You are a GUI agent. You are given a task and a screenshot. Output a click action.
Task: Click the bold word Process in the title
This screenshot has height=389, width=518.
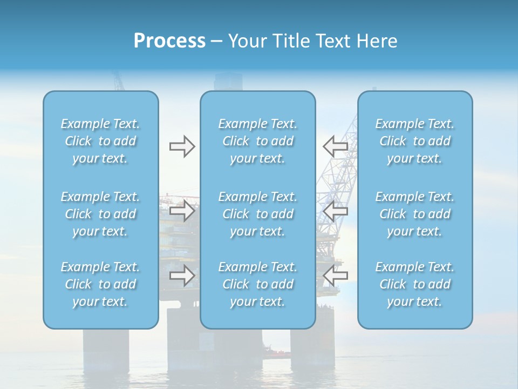(169, 41)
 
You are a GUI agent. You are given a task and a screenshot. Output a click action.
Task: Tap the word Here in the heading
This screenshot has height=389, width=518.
(377, 41)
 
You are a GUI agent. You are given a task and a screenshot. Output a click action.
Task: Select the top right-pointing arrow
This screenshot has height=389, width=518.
(182, 146)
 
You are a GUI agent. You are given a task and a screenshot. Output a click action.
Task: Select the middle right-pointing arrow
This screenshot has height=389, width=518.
(182, 211)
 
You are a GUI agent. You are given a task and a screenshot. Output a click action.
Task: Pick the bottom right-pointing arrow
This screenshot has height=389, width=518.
(182, 275)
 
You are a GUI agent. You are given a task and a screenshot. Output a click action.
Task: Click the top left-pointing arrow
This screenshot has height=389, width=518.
(335, 146)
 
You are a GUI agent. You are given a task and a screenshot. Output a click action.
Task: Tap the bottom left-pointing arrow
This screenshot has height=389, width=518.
(335, 275)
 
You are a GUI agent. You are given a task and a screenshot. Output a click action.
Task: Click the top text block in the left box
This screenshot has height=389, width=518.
(100, 141)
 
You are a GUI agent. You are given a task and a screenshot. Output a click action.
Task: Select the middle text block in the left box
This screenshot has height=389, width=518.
(100, 214)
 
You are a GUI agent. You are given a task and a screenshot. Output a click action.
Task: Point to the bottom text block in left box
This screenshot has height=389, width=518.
(100, 284)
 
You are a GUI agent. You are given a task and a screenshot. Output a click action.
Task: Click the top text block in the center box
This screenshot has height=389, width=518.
(257, 141)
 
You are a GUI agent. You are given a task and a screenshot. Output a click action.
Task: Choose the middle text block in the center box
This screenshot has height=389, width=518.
(257, 214)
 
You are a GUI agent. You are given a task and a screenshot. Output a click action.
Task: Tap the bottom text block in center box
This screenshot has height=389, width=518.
(257, 284)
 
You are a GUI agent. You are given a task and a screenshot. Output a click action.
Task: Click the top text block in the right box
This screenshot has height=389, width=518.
(414, 141)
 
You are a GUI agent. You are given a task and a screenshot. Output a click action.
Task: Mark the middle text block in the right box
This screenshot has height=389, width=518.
(414, 214)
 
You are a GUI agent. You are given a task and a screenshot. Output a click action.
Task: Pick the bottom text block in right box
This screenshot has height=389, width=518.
(414, 284)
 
